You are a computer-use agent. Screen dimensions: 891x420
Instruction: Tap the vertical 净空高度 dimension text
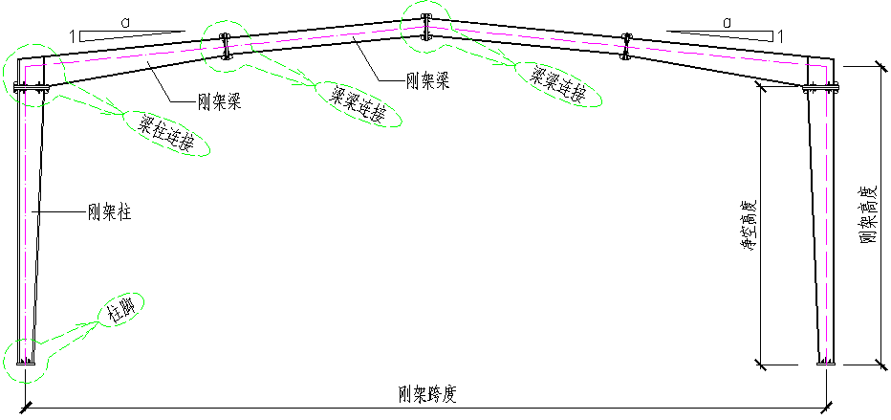pyautogui.click(x=750, y=226)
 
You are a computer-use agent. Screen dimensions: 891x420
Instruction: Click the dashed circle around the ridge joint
pyautogui.click(x=425, y=24)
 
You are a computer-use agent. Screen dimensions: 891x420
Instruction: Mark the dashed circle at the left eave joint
pyautogui.click(x=32, y=74)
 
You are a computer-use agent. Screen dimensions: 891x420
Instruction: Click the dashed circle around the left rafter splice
pyautogui.click(x=226, y=43)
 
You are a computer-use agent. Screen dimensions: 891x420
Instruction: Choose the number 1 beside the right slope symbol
pyautogui.click(x=782, y=36)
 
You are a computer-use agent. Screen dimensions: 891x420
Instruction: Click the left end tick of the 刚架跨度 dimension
pyautogui.click(x=25, y=406)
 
